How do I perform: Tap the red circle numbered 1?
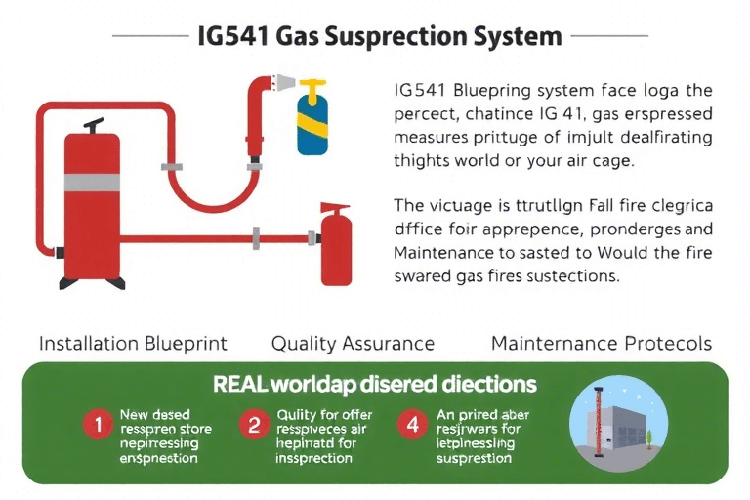[97, 425]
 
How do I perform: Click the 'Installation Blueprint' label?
[133, 344]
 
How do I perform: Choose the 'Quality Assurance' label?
[353, 344]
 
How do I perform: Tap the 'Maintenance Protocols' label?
[602, 344]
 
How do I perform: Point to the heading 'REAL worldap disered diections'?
[376, 384]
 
